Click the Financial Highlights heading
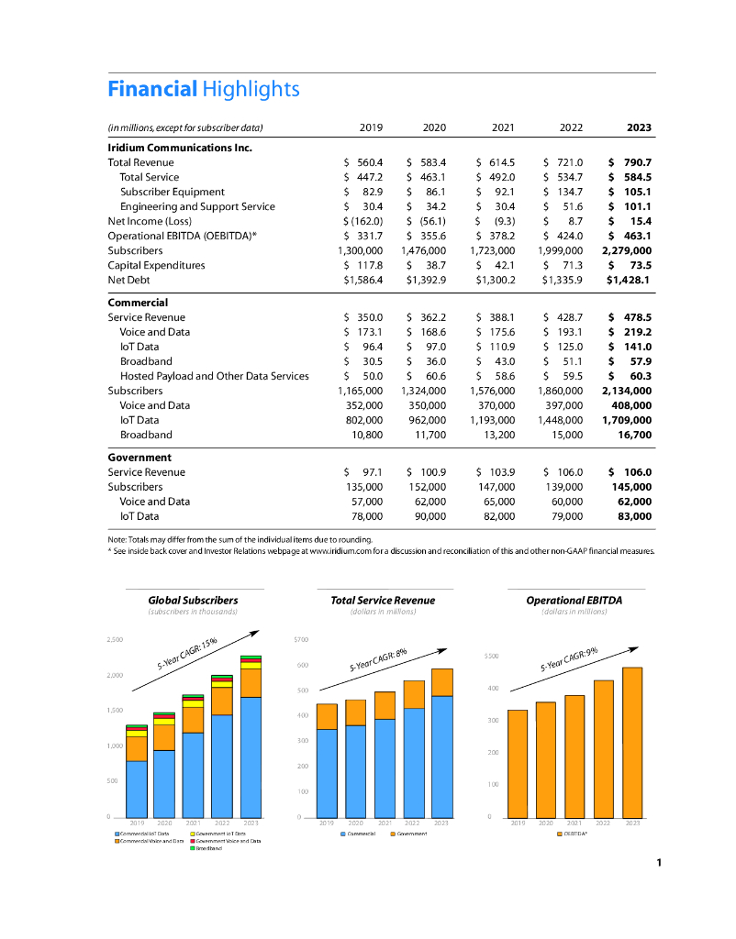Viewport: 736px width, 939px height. click(203, 89)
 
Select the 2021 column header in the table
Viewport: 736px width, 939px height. click(502, 127)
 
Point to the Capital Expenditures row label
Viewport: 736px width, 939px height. click(156, 265)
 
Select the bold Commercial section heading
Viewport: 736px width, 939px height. click(138, 302)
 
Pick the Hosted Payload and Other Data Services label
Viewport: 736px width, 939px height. click(214, 376)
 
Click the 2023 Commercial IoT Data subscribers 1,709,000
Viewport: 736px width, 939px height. click(627, 420)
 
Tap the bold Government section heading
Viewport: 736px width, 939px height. click(140, 457)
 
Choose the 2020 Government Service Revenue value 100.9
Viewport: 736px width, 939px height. click(428, 472)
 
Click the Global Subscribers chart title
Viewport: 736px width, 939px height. click(193, 601)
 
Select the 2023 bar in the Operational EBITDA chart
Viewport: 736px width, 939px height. click(632, 741)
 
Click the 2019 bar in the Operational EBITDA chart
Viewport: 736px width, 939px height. click(518, 763)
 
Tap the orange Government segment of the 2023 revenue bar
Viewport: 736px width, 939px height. click(441, 682)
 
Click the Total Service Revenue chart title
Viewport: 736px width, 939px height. click(383, 601)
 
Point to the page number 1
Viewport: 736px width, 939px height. click(659, 862)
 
